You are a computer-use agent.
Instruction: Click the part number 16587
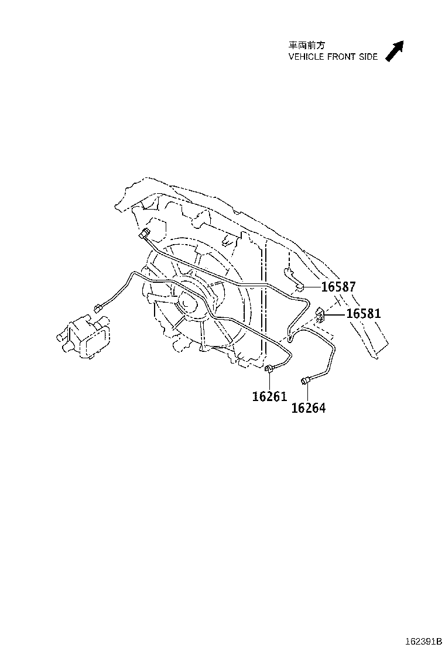(338, 286)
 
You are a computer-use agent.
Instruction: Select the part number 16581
(363, 313)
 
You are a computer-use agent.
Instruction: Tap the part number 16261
(269, 396)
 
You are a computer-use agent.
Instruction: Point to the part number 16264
(309, 408)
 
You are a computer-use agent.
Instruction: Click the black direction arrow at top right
(395, 51)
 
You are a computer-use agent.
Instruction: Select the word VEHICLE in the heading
(306, 57)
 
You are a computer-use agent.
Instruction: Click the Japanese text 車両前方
(307, 45)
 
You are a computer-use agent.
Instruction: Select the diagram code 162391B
(423, 641)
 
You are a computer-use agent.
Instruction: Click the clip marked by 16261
(269, 368)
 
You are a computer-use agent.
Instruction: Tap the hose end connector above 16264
(306, 379)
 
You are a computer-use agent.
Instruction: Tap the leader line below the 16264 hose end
(307, 393)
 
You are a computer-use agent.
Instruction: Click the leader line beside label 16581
(336, 315)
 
